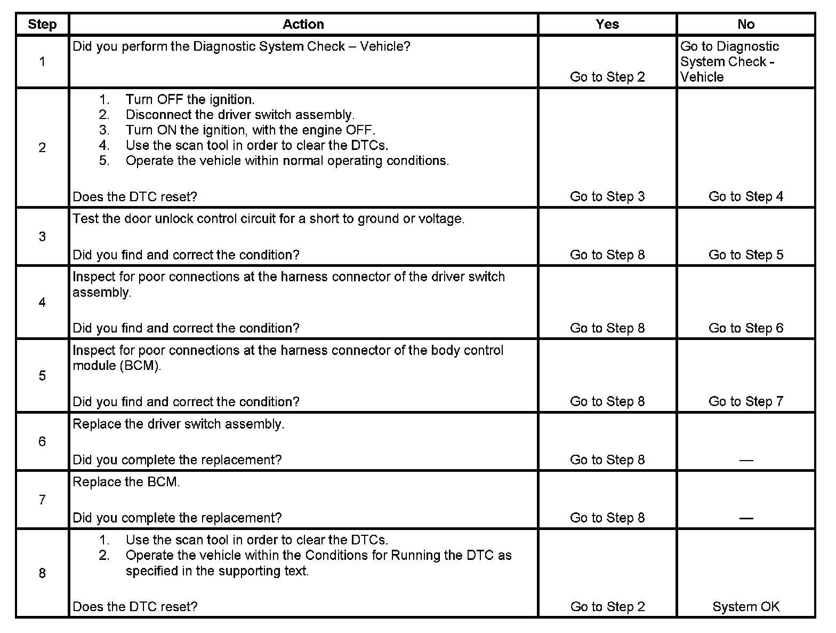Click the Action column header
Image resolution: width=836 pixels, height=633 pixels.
[x=303, y=25]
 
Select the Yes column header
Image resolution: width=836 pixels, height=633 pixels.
[x=607, y=25]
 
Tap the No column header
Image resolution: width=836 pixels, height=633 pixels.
[x=745, y=25]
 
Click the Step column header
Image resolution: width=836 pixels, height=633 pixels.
[x=42, y=25]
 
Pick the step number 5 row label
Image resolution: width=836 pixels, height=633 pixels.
[x=42, y=376]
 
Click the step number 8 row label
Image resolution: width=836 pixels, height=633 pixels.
[x=42, y=573]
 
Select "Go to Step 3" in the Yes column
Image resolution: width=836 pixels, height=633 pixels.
[x=607, y=197]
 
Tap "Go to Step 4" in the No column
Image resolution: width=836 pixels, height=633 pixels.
[x=745, y=197]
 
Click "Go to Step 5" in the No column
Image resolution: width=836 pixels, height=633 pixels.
[x=745, y=255]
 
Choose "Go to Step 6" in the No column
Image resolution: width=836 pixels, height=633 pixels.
[x=745, y=328]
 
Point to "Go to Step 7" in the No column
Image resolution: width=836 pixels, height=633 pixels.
[x=745, y=401]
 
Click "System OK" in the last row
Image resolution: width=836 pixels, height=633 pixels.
[x=745, y=607]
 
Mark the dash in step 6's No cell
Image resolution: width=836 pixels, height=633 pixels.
[x=745, y=460]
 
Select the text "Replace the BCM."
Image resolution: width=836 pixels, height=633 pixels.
[x=126, y=482]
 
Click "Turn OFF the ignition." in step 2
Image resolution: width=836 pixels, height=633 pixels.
[x=190, y=100]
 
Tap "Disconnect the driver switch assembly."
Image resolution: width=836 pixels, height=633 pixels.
[x=240, y=115]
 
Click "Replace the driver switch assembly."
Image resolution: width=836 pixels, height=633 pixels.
[x=179, y=424]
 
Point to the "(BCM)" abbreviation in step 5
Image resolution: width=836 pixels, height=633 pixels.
[x=140, y=366]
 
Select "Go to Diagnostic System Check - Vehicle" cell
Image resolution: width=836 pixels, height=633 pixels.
[x=729, y=61]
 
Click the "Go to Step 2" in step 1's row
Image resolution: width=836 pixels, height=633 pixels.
[x=607, y=77]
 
